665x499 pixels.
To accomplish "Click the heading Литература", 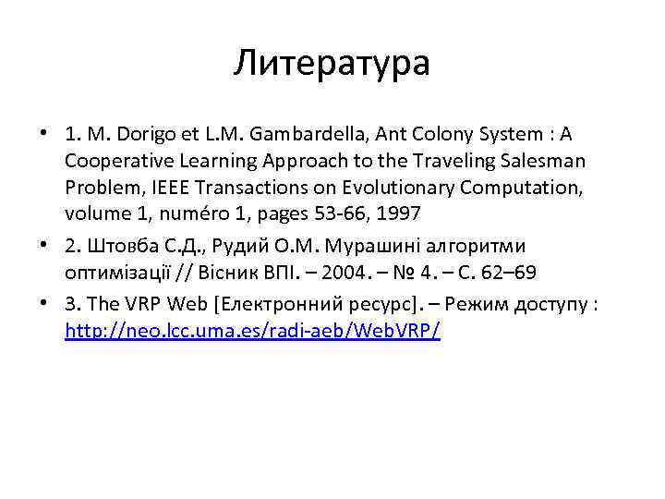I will (332, 63).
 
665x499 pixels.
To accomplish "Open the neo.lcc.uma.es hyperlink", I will (252, 331).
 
